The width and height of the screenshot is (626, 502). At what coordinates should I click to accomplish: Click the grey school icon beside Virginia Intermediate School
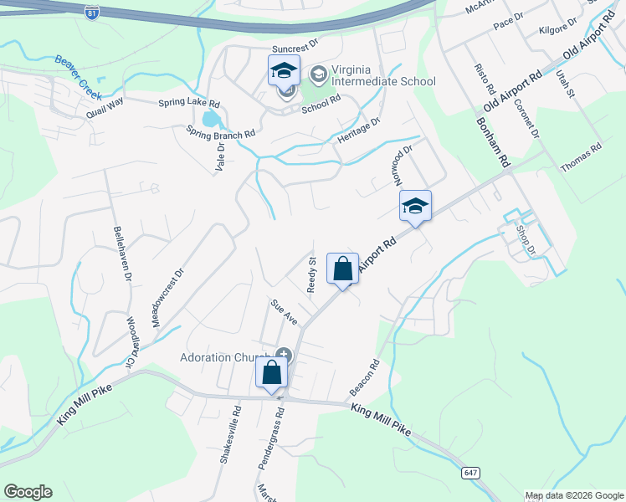tap(318, 75)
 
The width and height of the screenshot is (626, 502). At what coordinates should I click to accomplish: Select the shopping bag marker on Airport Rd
tap(342, 269)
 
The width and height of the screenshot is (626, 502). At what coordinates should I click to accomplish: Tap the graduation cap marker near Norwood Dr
tap(415, 207)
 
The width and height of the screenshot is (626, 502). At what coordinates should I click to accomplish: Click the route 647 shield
tap(470, 474)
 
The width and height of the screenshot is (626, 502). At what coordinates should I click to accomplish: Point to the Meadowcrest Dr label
tap(166, 298)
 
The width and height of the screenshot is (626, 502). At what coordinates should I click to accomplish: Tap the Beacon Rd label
tap(365, 378)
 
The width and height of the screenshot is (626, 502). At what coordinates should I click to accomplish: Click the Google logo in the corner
tap(28, 492)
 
